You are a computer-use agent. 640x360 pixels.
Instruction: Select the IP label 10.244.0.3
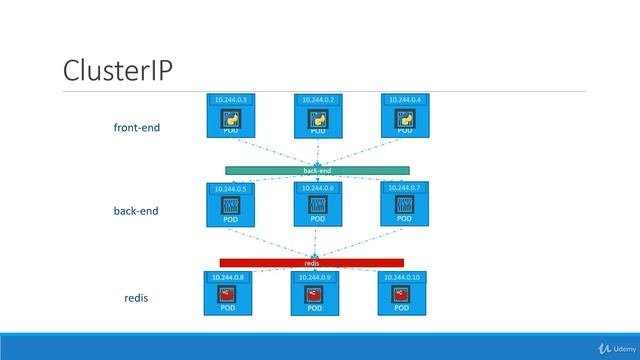click(230, 100)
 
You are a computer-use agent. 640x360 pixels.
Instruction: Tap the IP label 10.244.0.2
click(318, 100)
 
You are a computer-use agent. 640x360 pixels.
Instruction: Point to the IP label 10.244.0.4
click(404, 100)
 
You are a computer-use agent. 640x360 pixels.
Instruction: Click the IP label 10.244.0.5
click(230, 188)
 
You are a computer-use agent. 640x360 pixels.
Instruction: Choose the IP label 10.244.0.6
click(317, 188)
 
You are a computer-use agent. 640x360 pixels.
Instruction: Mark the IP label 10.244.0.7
click(404, 188)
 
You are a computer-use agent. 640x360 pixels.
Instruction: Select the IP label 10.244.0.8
click(228, 277)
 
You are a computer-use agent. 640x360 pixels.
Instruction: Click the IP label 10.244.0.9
click(315, 277)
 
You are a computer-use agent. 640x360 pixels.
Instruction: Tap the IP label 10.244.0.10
click(402, 277)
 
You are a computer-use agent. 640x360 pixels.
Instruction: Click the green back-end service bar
click(317, 171)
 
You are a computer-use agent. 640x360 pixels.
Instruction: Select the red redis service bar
click(312, 263)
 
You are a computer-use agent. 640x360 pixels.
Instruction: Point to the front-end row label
click(137, 128)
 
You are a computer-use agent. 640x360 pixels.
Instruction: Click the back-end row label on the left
click(136, 212)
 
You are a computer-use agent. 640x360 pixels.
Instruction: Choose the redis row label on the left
click(136, 298)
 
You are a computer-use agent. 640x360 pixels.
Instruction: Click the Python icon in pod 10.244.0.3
click(230, 119)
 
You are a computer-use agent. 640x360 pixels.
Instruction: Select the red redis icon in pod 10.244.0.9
click(315, 295)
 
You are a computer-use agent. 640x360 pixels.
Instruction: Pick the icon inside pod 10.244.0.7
click(404, 204)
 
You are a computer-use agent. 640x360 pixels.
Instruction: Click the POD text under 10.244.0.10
click(402, 309)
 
